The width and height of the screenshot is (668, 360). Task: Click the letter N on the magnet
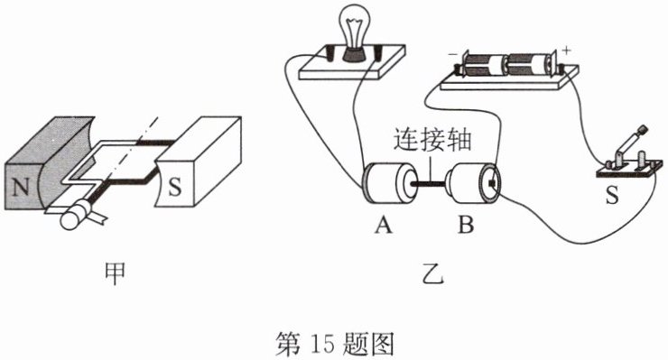tap(21, 187)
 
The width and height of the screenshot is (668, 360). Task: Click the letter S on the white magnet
tap(174, 186)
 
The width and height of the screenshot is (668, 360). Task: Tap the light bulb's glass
tap(354, 25)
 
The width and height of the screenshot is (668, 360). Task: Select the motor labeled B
tap(473, 183)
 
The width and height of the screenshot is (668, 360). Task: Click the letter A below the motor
tap(384, 225)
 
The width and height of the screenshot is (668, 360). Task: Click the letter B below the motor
tap(466, 225)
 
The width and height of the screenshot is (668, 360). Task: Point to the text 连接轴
tap(432, 139)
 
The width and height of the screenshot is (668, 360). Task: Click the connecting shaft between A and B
tap(431, 184)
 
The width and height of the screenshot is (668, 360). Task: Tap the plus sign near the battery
tap(566, 51)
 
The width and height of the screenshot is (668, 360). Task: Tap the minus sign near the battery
tap(452, 55)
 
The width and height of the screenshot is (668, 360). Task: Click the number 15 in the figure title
tap(323, 344)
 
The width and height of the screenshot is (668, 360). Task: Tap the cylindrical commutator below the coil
tap(76, 215)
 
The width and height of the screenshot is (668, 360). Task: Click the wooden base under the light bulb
tap(352, 62)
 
